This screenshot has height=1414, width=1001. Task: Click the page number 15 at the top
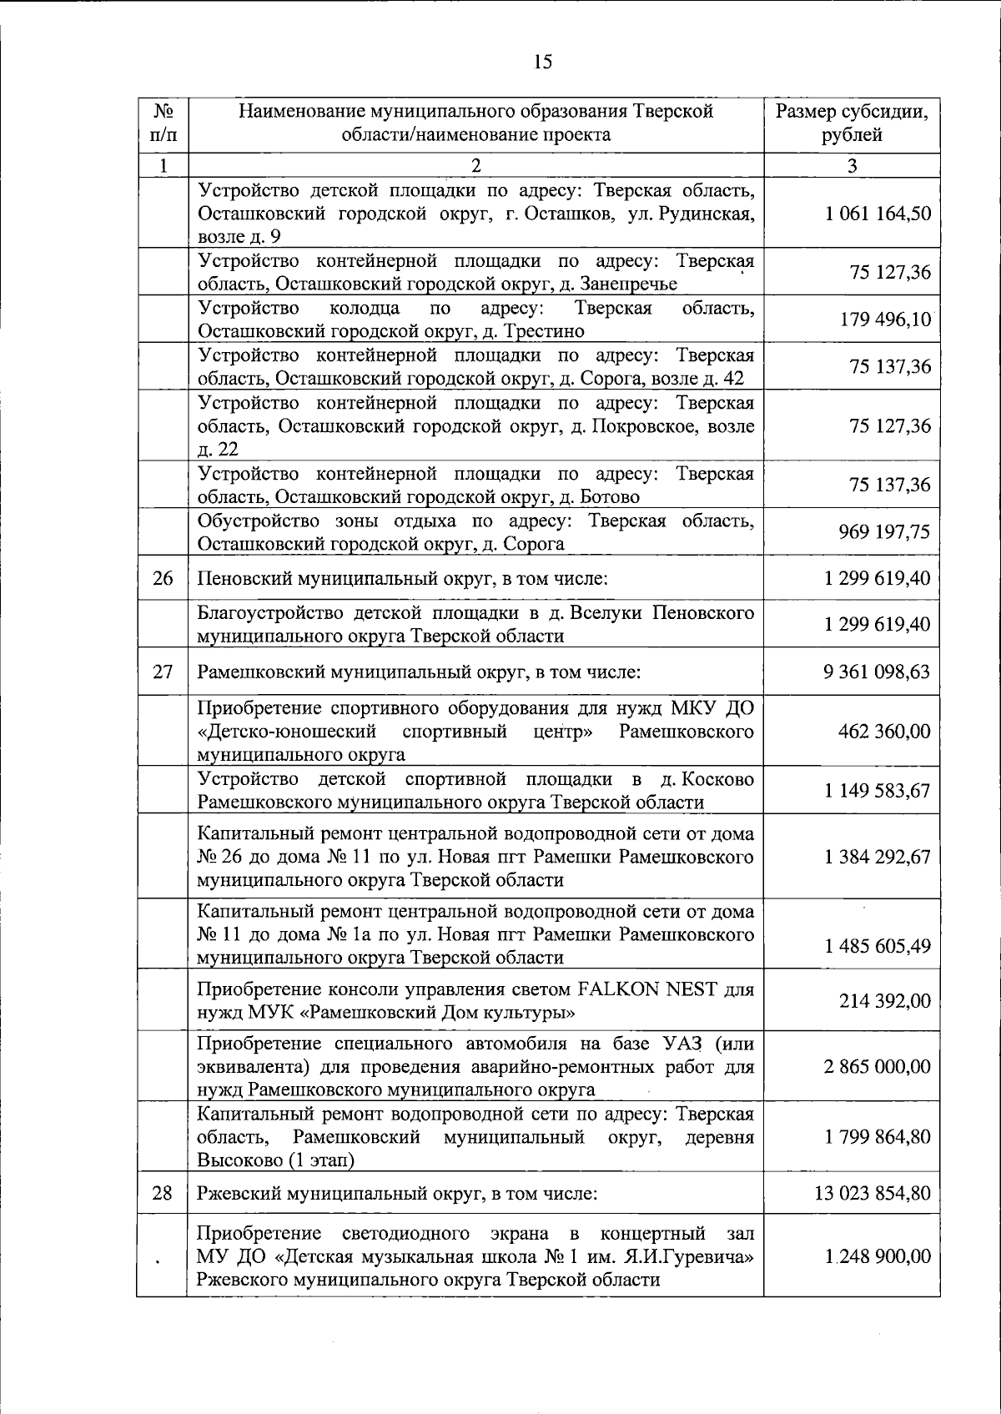(542, 62)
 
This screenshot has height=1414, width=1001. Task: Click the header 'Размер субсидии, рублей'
(852, 123)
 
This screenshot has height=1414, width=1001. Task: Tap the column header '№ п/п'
(163, 123)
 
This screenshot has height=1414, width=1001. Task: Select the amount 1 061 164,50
(878, 214)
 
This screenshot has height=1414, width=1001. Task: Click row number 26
(163, 578)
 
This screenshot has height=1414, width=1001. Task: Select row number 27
(163, 672)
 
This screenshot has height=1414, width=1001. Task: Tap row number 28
(163, 1194)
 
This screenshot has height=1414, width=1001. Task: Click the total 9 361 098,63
(877, 672)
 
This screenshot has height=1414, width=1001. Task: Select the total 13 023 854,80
(873, 1194)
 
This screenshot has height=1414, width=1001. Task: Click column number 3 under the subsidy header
(852, 165)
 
